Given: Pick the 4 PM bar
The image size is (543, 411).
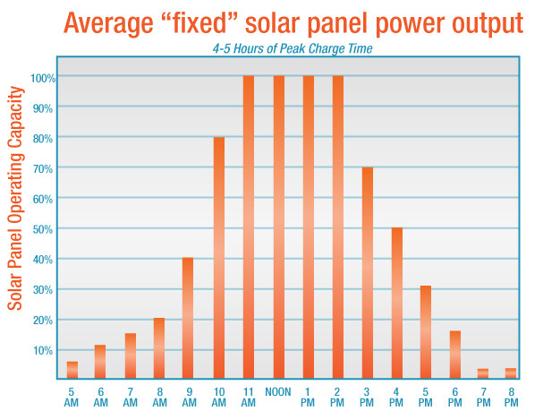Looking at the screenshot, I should [x=396, y=304].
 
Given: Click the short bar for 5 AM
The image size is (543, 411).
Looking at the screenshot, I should [x=72, y=370].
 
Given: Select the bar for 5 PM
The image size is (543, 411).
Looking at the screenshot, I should [x=426, y=332].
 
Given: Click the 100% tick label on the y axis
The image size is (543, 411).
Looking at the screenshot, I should [x=44, y=78].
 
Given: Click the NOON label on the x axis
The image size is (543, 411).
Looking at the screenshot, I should [x=277, y=392].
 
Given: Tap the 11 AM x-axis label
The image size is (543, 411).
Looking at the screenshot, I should [x=248, y=398].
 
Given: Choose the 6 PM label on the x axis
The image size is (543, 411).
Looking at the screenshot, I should [x=454, y=398].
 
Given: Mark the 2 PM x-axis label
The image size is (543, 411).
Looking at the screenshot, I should [x=337, y=398].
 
